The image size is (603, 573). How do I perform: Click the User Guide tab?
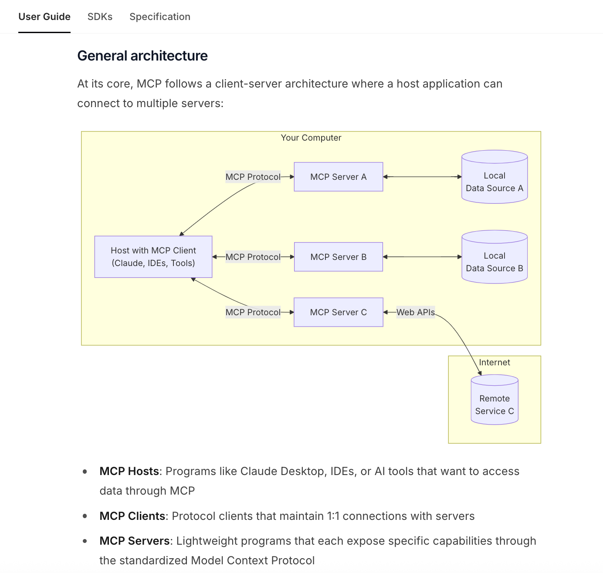44,17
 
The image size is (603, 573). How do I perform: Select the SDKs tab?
100,17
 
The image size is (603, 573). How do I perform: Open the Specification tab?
160,17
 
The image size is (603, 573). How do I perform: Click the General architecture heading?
142,56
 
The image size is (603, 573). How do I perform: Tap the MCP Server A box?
339,177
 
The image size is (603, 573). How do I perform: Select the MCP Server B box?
339,257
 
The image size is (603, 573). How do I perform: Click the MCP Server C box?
339,312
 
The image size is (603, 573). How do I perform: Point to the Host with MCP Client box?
153,257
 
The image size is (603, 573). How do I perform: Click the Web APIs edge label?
415,312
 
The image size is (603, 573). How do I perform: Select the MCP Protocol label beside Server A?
253,177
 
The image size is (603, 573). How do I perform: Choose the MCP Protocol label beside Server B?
253,257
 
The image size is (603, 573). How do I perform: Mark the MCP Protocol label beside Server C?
253,312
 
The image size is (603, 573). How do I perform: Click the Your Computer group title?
311,138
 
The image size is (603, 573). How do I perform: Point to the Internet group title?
495,362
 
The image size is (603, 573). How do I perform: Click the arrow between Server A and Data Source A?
422,177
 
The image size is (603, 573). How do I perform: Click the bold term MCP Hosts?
129,471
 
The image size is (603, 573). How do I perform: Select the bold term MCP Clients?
132,516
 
